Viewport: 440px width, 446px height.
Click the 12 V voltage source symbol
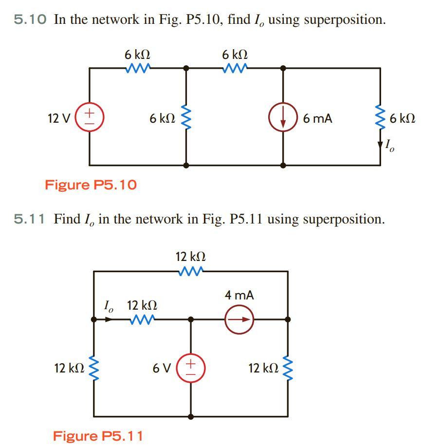[90, 118]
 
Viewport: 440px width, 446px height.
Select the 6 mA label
[317, 118]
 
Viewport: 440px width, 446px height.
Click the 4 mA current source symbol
[239, 319]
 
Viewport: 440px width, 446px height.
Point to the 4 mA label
[239, 295]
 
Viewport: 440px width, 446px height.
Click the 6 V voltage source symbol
[191, 369]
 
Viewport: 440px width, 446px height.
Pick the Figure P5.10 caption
[91, 185]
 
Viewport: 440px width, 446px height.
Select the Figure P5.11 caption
[97, 435]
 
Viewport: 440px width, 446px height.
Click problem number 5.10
[30, 20]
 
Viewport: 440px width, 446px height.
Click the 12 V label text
[58, 118]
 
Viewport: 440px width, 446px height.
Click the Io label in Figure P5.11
[109, 306]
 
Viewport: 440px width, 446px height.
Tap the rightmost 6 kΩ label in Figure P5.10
[402, 118]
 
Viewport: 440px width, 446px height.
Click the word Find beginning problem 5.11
[67, 219]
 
